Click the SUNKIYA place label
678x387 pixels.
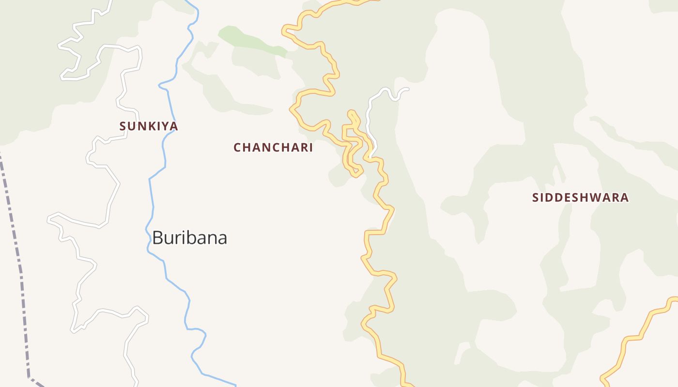[149, 126]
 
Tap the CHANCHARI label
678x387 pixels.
[273, 148]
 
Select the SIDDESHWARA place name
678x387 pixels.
[580, 197]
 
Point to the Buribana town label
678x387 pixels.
[189, 238]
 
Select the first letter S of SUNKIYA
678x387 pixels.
[123, 126]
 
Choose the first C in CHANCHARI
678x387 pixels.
[237, 148]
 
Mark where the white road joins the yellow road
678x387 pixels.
[370, 157]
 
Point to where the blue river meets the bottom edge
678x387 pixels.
[236, 386]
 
